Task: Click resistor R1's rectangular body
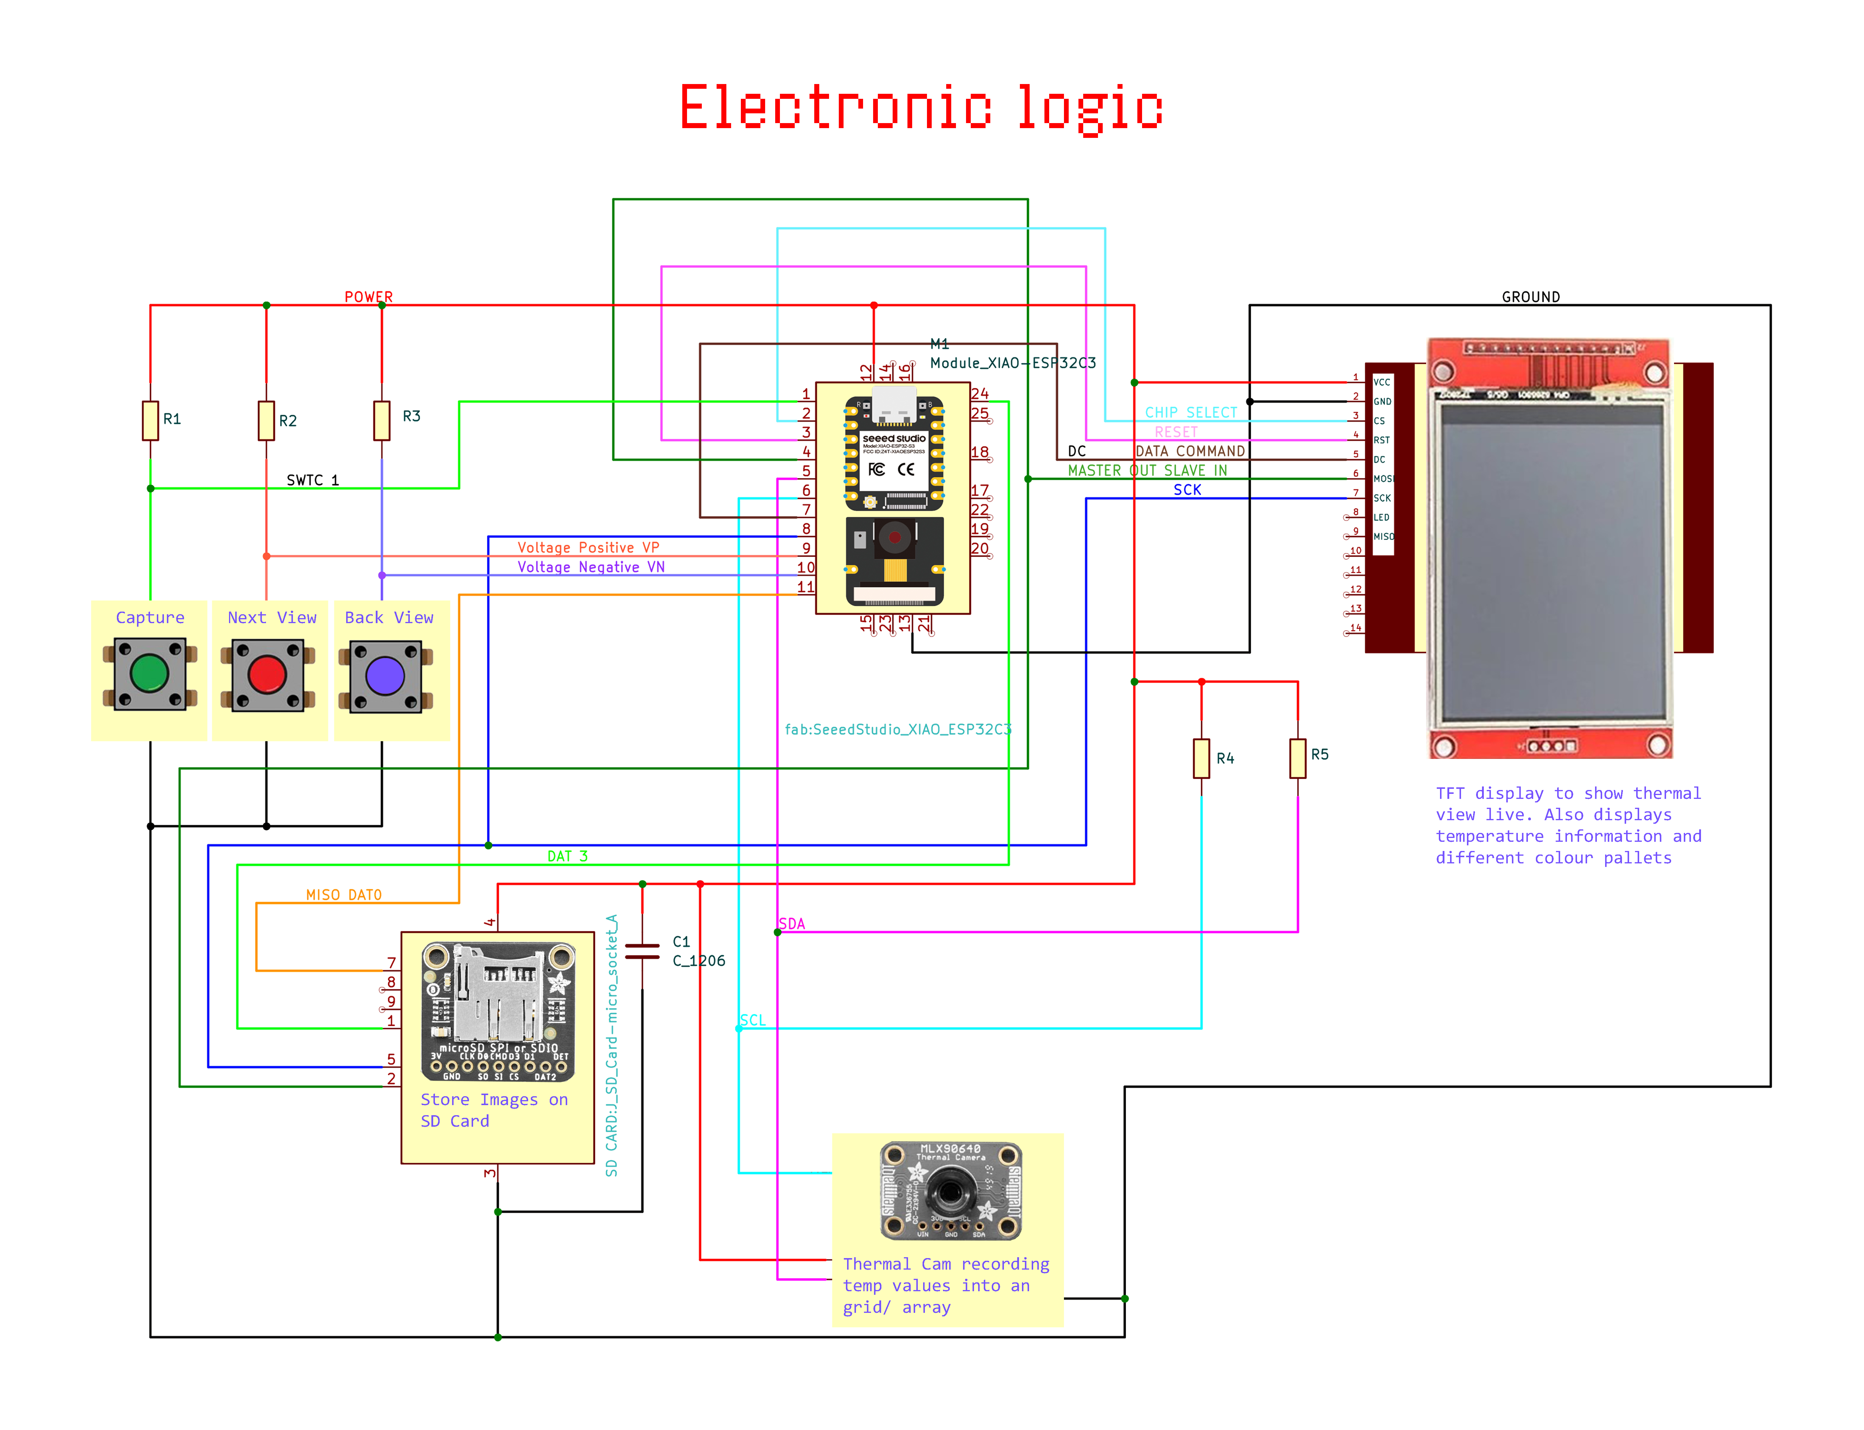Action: [x=151, y=420]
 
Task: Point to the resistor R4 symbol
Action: [x=1201, y=757]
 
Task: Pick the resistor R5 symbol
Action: [x=1297, y=757]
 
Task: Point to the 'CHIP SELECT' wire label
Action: [x=1191, y=412]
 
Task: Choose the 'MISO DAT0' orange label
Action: [x=344, y=895]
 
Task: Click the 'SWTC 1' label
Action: [x=312, y=480]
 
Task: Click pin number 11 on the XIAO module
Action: [x=805, y=586]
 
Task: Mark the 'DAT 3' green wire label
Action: [x=567, y=855]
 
